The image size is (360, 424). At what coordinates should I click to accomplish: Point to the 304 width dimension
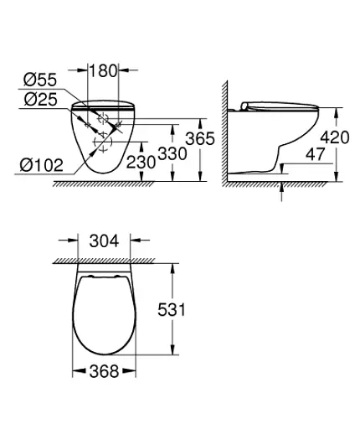104,242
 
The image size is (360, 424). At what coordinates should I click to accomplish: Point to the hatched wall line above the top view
104,261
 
